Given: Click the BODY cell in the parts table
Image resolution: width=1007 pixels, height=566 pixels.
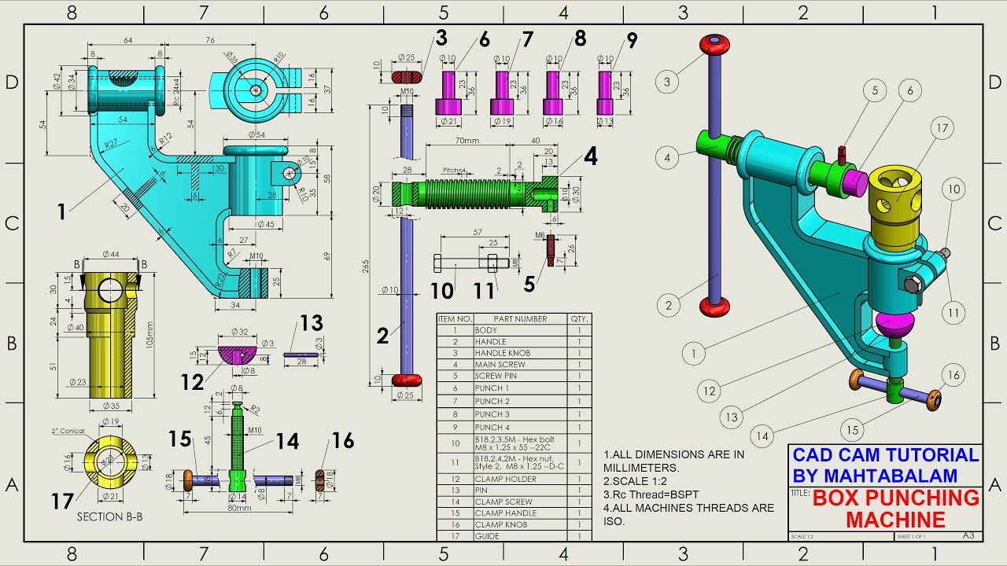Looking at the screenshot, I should pyautogui.click(x=486, y=330).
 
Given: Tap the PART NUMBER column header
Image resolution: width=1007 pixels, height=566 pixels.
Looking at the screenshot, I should pyautogui.click(x=521, y=318).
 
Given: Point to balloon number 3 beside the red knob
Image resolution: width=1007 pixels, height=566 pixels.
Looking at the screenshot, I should pyautogui.click(x=666, y=81).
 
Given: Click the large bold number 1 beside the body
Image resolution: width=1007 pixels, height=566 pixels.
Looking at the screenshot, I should pyautogui.click(x=61, y=211).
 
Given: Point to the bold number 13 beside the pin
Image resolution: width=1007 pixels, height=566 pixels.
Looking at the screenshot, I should pyautogui.click(x=312, y=323).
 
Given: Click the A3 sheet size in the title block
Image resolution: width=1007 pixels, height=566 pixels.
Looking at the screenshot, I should pyautogui.click(x=967, y=535).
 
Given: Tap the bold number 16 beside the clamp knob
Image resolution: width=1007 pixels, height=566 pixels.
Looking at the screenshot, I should pyautogui.click(x=342, y=440).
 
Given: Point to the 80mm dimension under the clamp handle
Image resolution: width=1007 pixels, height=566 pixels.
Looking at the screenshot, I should pyautogui.click(x=238, y=508).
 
